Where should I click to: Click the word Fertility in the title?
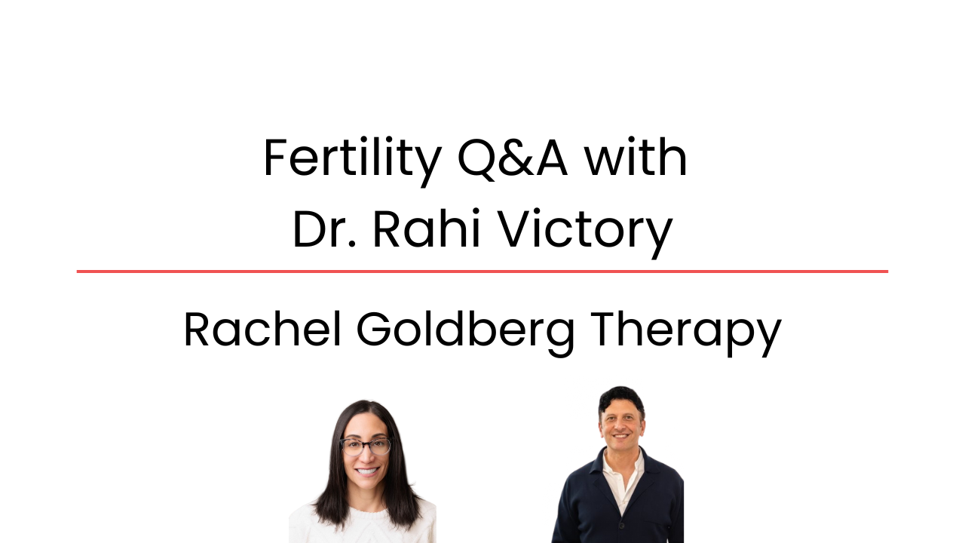pyautogui.click(x=351, y=159)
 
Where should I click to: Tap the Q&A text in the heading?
pyautogui.click(x=512, y=159)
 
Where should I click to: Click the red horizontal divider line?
pyautogui.click(x=482, y=271)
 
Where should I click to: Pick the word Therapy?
pyautogui.click(x=685, y=330)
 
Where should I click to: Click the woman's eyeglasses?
pyautogui.click(x=366, y=446)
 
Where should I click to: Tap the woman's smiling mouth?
pyautogui.click(x=366, y=471)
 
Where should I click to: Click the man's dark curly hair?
pyautogui.click(x=621, y=400)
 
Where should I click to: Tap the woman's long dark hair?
pyautogui.click(x=332, y=483)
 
